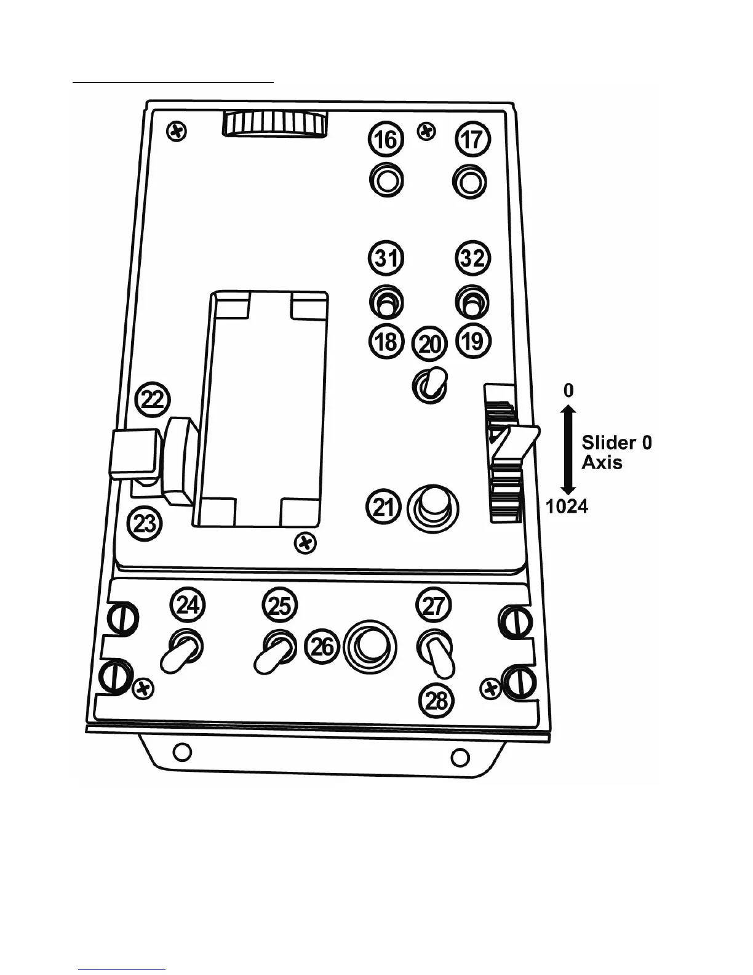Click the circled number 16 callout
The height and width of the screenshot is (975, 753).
[386, 139]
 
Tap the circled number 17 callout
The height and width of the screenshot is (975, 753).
[472, 139]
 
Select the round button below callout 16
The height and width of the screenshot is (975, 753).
[386, 182]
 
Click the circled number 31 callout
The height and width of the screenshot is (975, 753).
[386, 258]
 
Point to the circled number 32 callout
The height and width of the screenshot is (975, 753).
[473, 258]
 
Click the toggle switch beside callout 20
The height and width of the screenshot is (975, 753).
[430, 384]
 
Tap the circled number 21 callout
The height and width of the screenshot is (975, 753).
[384, 508]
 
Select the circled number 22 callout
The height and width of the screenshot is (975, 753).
[153, 399]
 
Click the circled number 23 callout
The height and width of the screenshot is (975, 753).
[145, 524]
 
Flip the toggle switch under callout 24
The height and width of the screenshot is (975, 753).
[181, 652]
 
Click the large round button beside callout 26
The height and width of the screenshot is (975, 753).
[370, 647]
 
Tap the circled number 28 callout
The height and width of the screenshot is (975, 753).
[436, 700]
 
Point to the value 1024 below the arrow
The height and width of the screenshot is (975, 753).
[567, 507]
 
